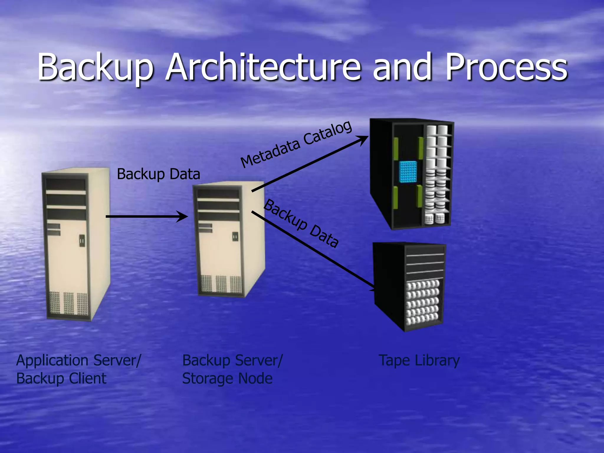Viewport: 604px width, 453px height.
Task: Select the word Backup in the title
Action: click(95, 67)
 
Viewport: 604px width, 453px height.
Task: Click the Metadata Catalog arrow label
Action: click(296, 144)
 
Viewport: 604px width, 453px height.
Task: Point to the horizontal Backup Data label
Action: click(158, 174)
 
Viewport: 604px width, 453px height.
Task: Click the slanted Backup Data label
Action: click(301, 223)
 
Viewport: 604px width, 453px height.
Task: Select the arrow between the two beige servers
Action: click(147, 216)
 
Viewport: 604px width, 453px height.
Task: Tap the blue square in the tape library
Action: click(408, 171)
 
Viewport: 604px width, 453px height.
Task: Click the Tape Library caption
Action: click(419, 361)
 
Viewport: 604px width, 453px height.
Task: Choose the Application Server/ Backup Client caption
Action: click(78, 369)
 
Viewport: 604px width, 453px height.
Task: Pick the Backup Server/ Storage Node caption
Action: click(232, 369)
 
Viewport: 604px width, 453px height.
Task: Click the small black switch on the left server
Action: click(82, 241)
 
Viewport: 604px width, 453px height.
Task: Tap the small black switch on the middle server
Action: click(235, 237)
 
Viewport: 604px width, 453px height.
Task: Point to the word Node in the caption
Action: click(255, 378)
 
